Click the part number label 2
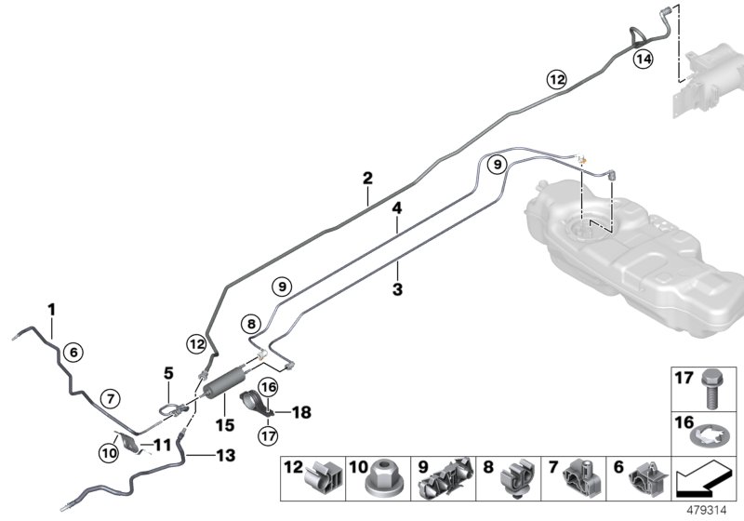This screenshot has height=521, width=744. click(x=367, y=177)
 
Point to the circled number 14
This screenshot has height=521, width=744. click(x=643, y=58)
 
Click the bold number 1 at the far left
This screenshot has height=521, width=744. click(x=52, y=308)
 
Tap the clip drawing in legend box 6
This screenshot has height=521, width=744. click(x=647, y=480)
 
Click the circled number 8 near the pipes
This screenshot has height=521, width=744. click(x=251, y=324)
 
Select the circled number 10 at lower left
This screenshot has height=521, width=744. click(x=108, y=453)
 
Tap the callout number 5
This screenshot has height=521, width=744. click(x=168, y=372)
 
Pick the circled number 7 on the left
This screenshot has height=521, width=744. click(x=109, y=398)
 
